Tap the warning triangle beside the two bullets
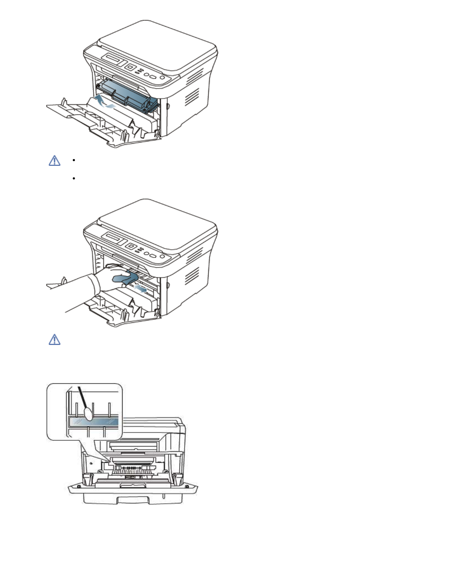(55, 161)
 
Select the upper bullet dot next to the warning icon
(74, 160)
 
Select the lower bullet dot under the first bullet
(74, 178)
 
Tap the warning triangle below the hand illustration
(55, 340)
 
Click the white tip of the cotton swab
(88, 414)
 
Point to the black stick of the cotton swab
(82, 397)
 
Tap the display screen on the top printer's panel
(113, 59)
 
